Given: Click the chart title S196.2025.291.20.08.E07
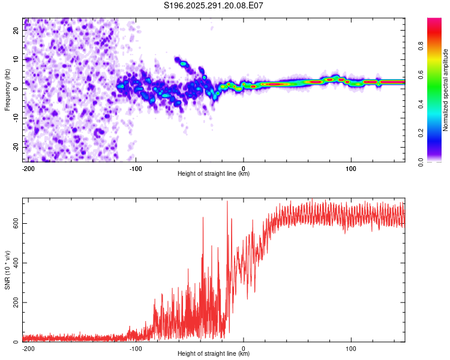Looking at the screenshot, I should pos(214,6).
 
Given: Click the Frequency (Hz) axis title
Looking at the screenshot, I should pos(7,89).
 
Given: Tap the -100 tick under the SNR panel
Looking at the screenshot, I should pos(136,349).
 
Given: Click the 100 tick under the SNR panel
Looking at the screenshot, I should pos(351,349).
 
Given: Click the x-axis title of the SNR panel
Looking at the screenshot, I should pos(214,354).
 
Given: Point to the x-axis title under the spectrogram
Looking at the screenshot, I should pos(214,174).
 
